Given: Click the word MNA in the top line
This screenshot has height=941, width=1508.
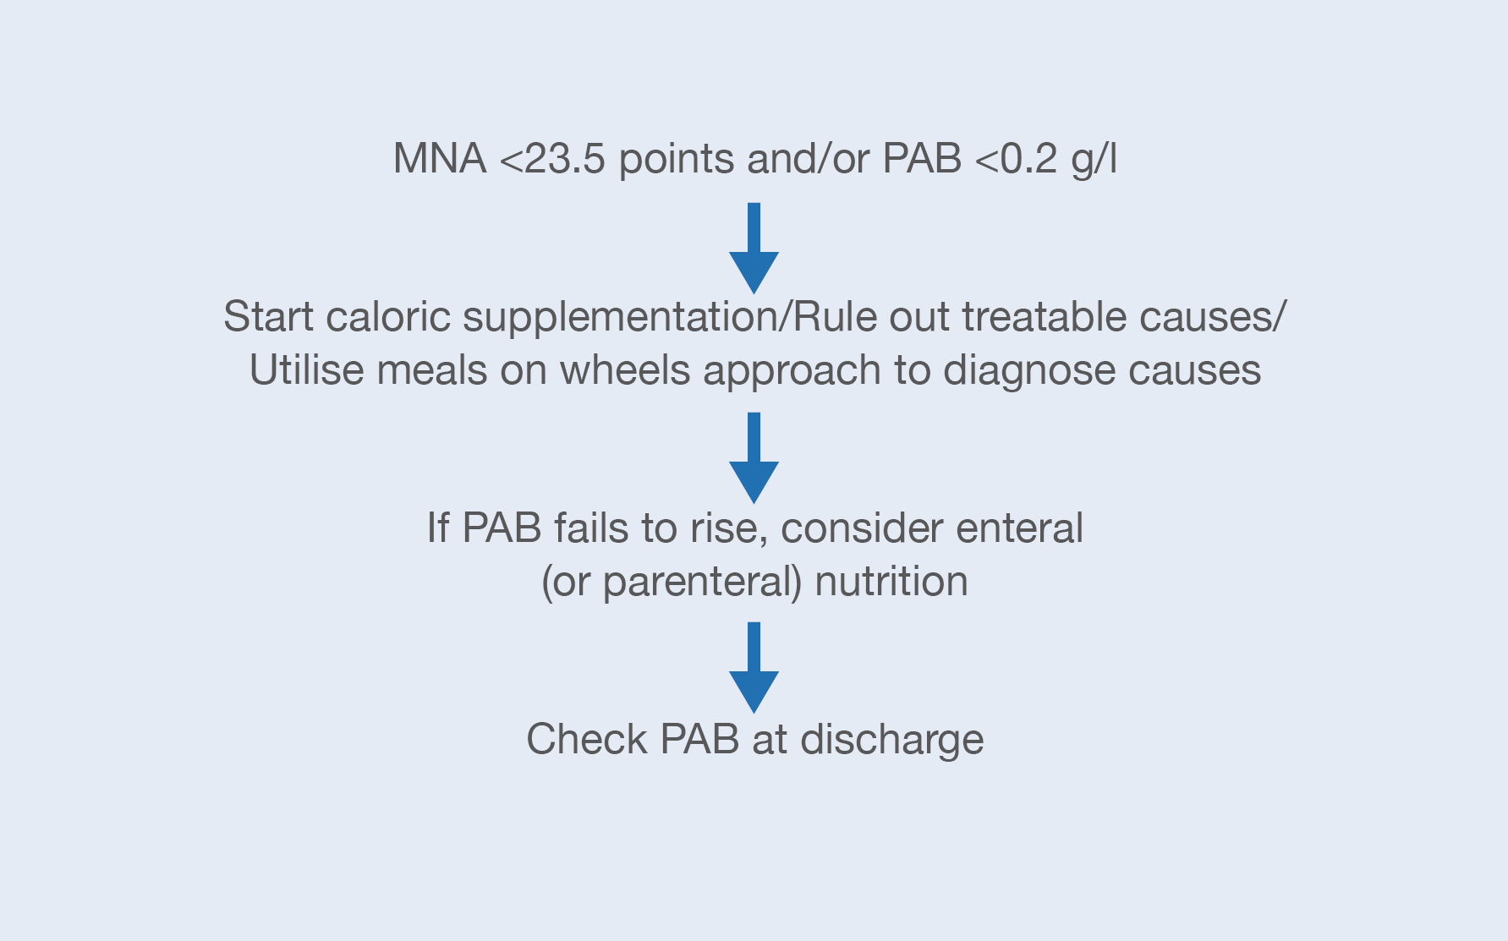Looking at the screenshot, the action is [440, 158].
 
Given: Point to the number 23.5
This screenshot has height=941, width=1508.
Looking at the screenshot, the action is [565, 158].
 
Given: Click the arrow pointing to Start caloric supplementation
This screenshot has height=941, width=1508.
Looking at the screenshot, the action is [754, 248].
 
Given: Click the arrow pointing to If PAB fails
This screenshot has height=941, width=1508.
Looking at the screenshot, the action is [754, 457].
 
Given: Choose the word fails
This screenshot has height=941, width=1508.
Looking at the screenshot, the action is [590, 528].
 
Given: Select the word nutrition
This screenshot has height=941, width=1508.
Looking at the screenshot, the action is [891, 582].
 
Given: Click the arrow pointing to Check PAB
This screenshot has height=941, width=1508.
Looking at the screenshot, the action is [754, 668].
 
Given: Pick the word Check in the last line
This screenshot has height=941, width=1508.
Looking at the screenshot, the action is [587, 740].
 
